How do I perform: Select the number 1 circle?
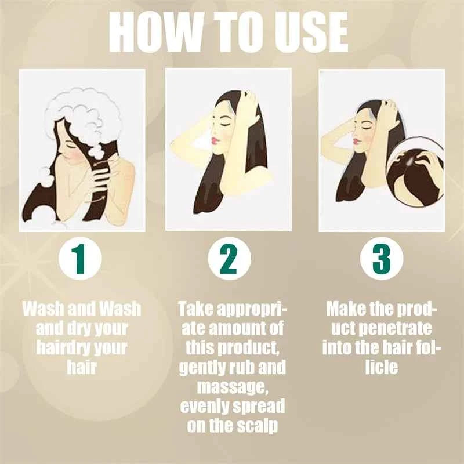point(79,260)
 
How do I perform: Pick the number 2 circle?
point(229,260)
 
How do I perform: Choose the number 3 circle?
point(381,260)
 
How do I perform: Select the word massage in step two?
point(231,387)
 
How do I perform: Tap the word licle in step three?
point(381,368)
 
